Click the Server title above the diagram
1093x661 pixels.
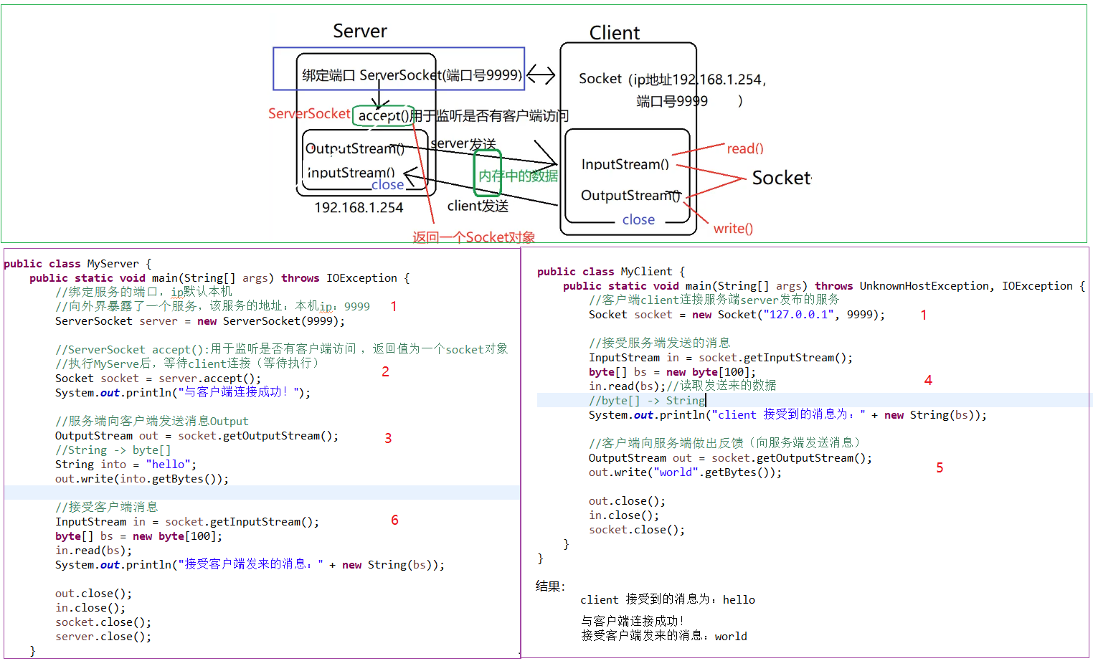[359, 31]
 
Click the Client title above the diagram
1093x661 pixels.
[614, 33]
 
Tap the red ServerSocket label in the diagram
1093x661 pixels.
[309, 113]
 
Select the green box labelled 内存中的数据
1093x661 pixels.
[488, 174]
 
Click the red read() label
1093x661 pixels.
[745, 148]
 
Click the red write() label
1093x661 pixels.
[733, 228]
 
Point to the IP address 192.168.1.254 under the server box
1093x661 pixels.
[359, 207]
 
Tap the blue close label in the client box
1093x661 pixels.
[638, 219]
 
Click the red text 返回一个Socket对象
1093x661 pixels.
[473, 237]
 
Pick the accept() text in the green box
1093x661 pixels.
[384, 115]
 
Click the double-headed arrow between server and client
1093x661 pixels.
[541, 75]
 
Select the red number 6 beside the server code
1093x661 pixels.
[394, 520]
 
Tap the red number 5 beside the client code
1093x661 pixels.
[940, 467]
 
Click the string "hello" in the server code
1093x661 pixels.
[168, 465]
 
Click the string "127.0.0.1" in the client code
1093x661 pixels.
[798, 314]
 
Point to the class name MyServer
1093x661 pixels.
[113, 264]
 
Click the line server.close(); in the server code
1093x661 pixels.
[103, 637]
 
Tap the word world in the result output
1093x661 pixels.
[731, 636]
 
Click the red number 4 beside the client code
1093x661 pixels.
[928, 380]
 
